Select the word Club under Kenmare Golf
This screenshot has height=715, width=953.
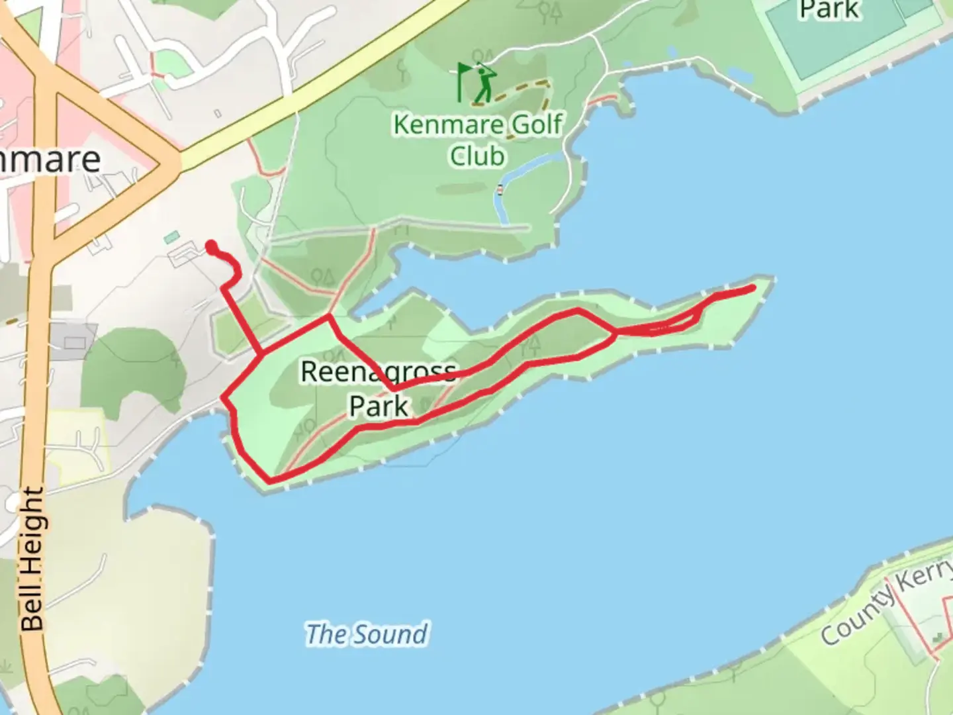(x=477, y=156)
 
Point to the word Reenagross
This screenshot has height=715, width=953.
(x=378, y=372)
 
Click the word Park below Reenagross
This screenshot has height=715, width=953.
(x=379, y=406)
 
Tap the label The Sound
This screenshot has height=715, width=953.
(x=367, y=634)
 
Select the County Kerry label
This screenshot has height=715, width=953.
(x=887, y=602)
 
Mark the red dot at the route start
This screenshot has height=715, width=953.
(x=211, y=247)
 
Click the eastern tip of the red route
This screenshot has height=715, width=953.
(x=752, y=287)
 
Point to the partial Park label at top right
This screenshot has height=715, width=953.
(x=829, y=10)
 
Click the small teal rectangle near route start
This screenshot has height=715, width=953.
(x=171, y=236)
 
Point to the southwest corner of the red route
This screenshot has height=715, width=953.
(x=269, y=479)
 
